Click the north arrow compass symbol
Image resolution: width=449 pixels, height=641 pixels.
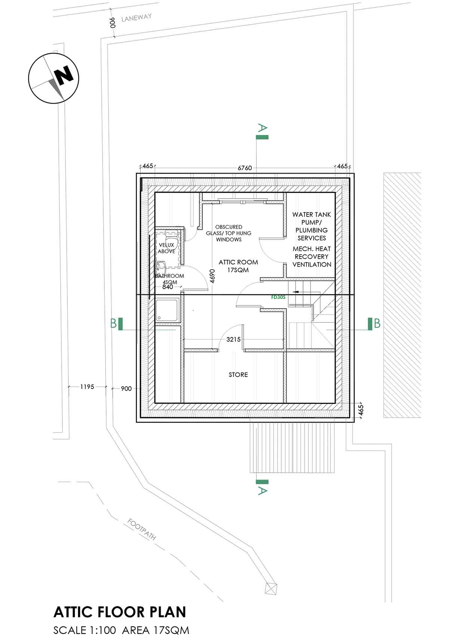[54, 79]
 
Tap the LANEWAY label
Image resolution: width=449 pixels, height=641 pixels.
[137, 18]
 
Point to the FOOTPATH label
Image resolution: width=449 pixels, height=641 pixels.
[142, 529]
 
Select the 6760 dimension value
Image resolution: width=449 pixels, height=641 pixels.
[245, 168]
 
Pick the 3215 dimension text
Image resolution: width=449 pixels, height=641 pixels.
[233, 339]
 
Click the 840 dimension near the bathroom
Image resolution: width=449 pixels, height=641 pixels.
[168, 287]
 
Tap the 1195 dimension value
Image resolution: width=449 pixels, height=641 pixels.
[87, 387]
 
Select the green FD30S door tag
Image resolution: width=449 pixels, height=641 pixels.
[278, 297]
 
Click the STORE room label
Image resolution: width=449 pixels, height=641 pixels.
[238, 375]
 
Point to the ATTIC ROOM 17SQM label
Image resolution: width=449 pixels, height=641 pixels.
[238, 266]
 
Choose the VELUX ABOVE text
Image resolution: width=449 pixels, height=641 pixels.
[167, 248]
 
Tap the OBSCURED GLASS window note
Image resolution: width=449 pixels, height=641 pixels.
[229, 233]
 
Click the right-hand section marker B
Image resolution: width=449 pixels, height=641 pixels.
[374, 323]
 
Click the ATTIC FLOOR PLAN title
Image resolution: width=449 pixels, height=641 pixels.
[120, 612]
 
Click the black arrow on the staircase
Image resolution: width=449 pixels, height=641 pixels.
[299, 291]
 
